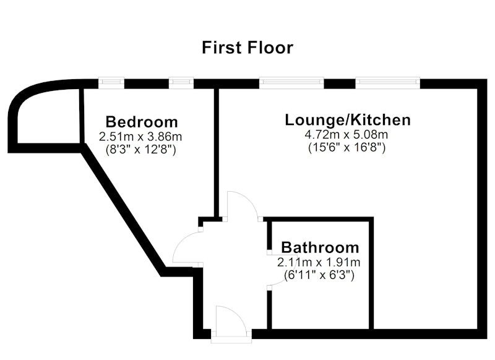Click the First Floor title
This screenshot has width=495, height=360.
coord(247,48)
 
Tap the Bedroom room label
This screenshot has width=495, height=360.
coord(142,122)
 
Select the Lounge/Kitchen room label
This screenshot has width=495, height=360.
coord(348,120)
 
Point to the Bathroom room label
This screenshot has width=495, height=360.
coord(320,247)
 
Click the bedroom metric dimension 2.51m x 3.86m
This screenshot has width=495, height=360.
coord(140,137)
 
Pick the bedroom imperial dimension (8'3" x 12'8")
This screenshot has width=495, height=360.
coord(141,149)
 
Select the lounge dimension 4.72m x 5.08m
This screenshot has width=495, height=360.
coord(346,135)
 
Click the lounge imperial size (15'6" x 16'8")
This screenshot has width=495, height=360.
coord(346,147)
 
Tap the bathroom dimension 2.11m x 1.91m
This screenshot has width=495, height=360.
coord(319,262)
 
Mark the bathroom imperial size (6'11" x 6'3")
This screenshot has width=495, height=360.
coord(319,275)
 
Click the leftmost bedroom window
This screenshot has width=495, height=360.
coord(111,84)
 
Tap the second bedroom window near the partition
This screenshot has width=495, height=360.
coord(181,84)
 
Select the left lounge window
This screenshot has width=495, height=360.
coord(291,84)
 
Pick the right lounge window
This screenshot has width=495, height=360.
coord(388,84)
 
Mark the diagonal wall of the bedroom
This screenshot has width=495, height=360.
coord(123,210)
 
